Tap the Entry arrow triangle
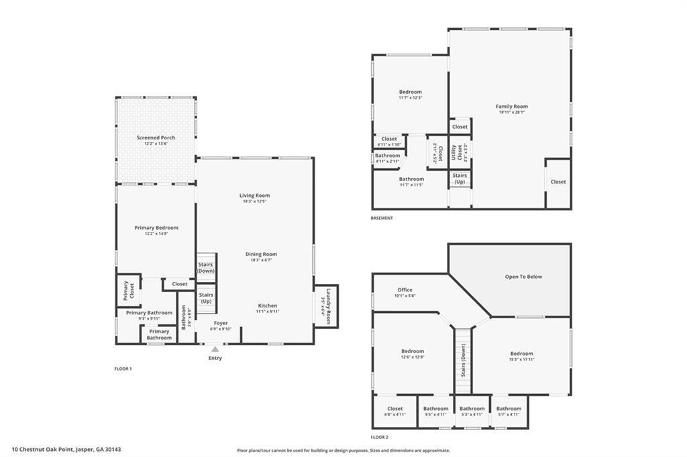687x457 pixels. [215, 349]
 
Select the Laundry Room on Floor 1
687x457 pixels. [327, 306]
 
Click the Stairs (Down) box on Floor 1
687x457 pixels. [206, 267]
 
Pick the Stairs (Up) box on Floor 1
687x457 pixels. [206, 298]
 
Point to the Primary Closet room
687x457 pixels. [127, 290]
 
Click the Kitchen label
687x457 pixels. [268, 306]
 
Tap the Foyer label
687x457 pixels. [221, 323]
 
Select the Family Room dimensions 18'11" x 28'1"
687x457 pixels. [511, 113]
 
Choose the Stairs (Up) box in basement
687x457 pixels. [460, 179]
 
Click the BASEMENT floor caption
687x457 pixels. [382, 218]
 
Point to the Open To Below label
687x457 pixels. [523, 277]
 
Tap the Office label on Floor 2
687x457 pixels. [405, 290]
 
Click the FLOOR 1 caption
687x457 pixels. [123, 369]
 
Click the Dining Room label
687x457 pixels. [261, 254]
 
